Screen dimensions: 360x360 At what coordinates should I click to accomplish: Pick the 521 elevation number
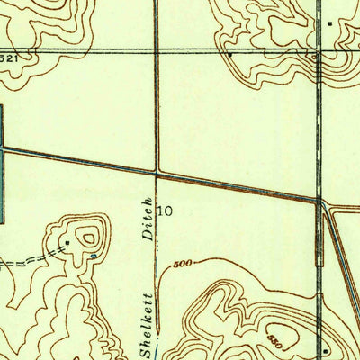(x=11, y=58)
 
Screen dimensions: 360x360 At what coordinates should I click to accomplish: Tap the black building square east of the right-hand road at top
(x=330, y=22)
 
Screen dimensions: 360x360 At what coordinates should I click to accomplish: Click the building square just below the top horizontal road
(x=230, y=54)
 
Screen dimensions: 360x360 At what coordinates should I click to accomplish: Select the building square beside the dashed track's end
(x=67, y=243)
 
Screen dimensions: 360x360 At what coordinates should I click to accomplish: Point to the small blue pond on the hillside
(x=94, y=257)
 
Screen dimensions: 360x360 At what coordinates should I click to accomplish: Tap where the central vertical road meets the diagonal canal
(x=157, y=169)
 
